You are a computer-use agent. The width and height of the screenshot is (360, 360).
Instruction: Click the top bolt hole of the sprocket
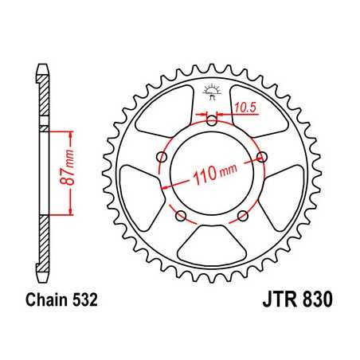click(212, 121)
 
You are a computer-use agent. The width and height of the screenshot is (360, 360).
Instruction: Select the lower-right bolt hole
click(245, 216)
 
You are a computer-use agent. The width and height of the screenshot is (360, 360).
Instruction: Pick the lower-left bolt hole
click(180, 216)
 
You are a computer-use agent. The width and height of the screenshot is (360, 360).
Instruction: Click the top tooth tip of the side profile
click(41, 65)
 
